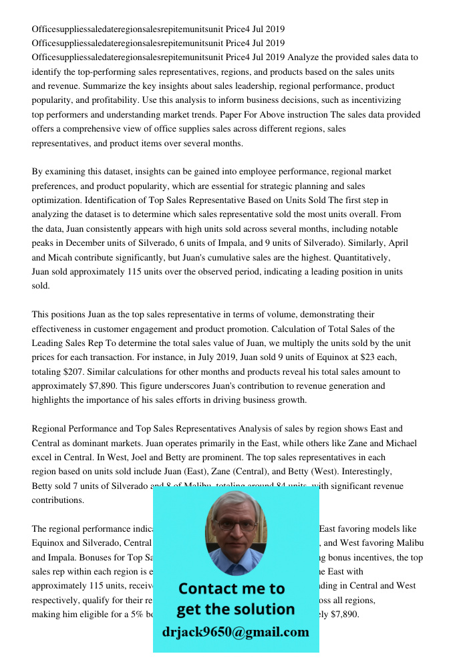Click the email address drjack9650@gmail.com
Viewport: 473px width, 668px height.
point(235,632)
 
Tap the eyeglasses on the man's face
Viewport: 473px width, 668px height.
point(236,526)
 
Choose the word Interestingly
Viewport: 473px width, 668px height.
point(377,472)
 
